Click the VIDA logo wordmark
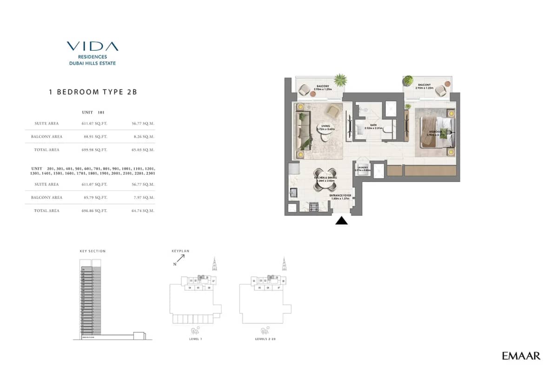[x=92, y=46]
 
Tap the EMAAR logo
[x=521, y=356]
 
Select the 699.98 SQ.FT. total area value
[x=94, y=150]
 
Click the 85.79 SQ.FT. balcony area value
[x=94, y=197]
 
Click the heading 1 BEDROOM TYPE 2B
[x=93, y=92]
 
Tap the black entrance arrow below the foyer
[x=342, y=221]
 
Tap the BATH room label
[x=370, y=126]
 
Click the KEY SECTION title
[x=93, y=251]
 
